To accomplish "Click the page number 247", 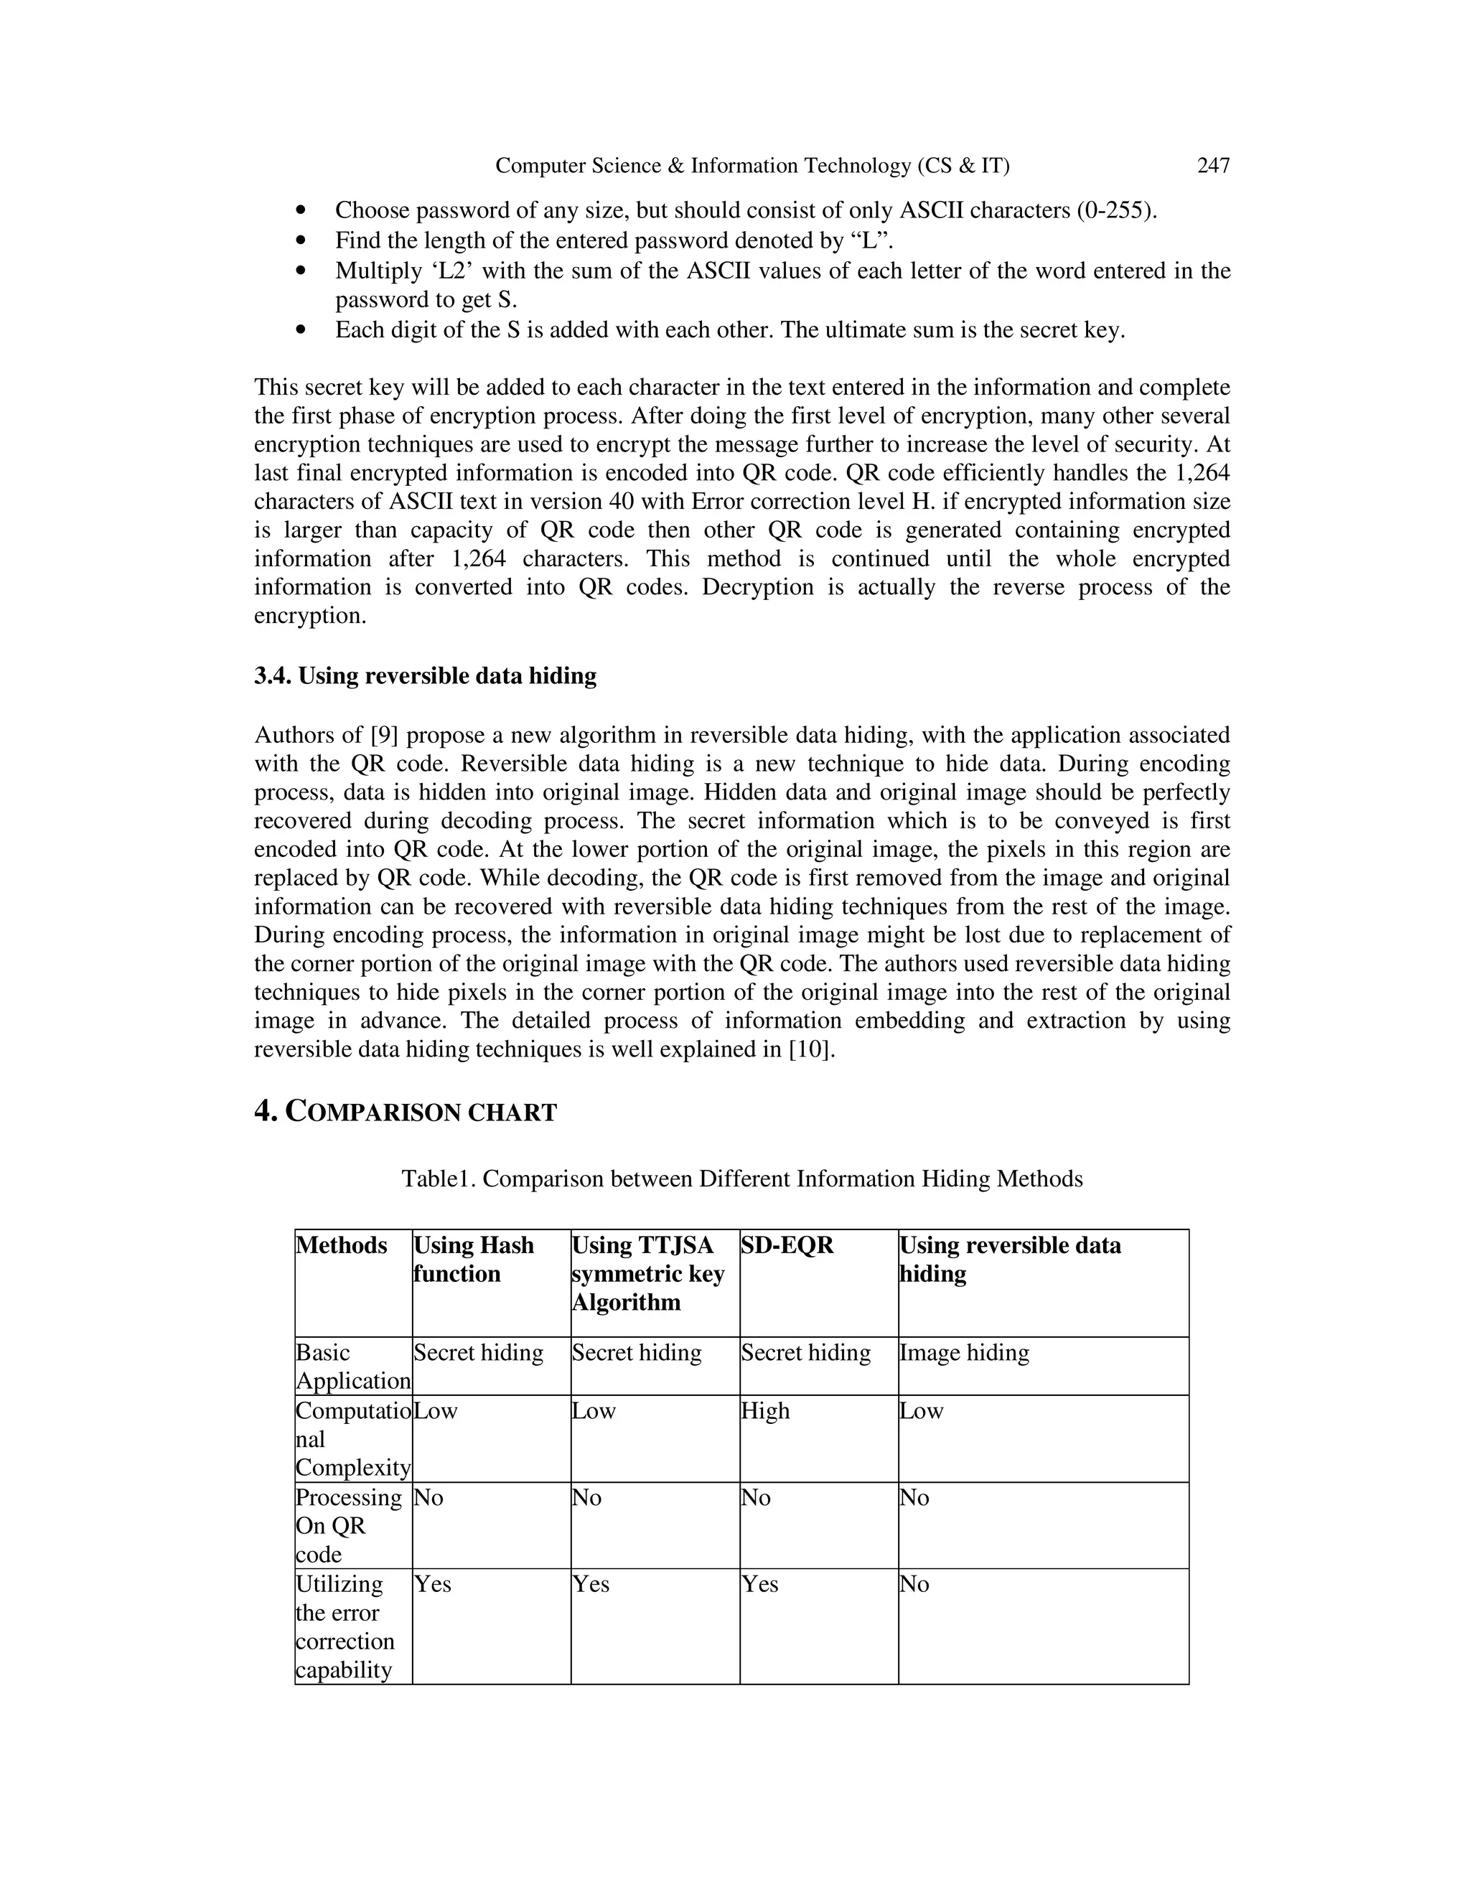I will pyautogui.click(x=1213, y=166).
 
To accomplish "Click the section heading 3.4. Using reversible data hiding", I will pyautogui.click(x=425, y=676).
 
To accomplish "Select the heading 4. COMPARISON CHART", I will pyautogui.click(x=405, y=1112).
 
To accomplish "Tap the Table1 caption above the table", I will pyautogui.click(x=742, y=1179).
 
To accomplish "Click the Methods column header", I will pyautogui.click(x=342, y=1245).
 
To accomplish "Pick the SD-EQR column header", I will pyautogui.click(x=787, y=1245).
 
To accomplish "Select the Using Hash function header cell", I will pyautogui.click(x=473, y=1260).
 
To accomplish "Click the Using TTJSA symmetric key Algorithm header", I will pyautogui.click(x=647, y=1273).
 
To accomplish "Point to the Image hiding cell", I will pyautogui.click(x=964, y=1352).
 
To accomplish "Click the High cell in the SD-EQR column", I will pyautogui.click(x=764, y=1411).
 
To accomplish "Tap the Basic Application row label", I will pyautogui.click(x=352, y=1367).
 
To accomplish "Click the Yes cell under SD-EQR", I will pyautogui.click(x=759, y=1584).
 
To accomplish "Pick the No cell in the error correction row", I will pyautogui.click(x=914, y=1584).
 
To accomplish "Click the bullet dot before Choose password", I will pyautogui.click(x=301, y=211).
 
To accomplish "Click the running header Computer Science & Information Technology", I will pyautogui.click(x=752, y=166).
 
